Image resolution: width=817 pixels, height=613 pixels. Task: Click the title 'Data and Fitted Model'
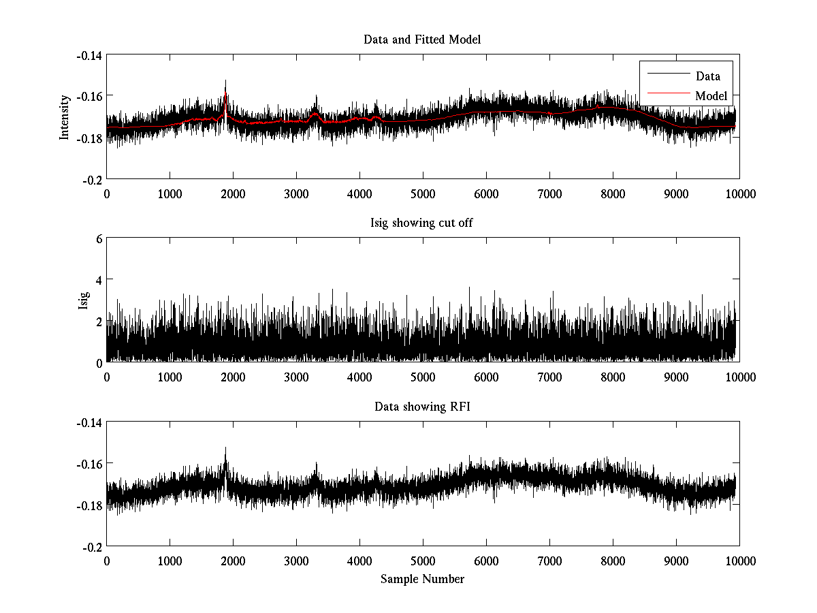click(422, 40)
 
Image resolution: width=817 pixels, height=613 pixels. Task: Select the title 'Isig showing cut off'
click(422, 223)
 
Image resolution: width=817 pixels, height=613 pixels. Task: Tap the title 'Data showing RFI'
click(422, 407)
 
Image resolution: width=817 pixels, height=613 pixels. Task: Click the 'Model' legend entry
click(711, 96)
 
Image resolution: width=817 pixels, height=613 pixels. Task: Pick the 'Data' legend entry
click(707, 76)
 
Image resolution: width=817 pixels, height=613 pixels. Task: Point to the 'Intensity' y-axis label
click(65, 116)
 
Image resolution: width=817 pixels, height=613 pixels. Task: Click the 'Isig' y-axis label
click(84, 300)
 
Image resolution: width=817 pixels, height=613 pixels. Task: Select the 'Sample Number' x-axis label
click(422, 579)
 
